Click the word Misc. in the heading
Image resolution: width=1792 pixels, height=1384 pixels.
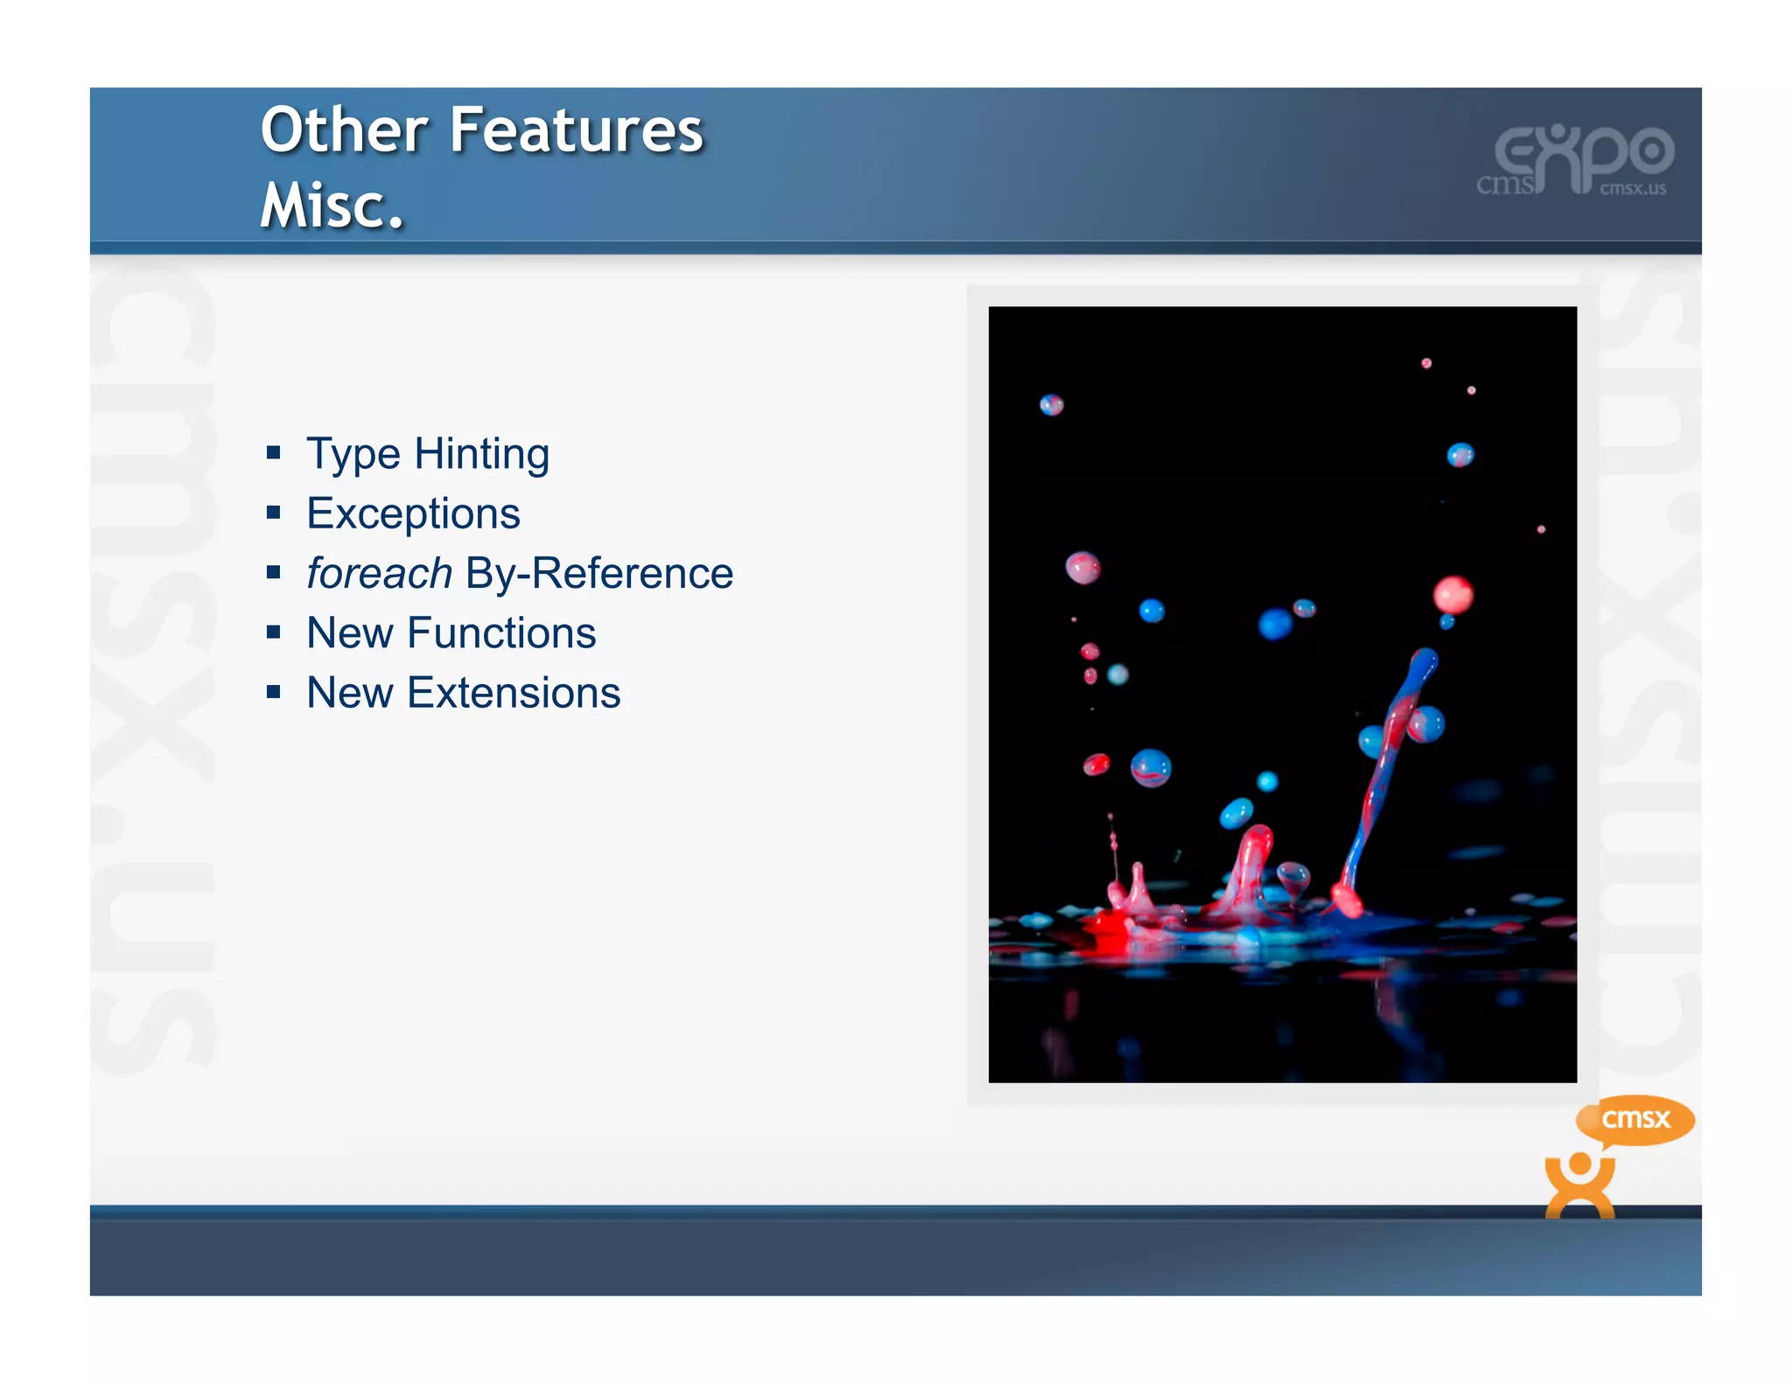tap(332, 206)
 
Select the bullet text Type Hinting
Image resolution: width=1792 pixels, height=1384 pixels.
tap(427, 454)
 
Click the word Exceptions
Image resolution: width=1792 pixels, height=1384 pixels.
tap(413, 514)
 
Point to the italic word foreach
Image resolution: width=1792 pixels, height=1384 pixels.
tap(379, 574)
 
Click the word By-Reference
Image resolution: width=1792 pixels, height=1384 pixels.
tap(599, 574)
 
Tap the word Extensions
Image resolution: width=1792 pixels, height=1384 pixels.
tap(514, 693)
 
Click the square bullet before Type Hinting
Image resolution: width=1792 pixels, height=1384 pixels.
tap(274, 453)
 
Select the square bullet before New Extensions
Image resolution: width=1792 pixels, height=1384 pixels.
tap(274, 693)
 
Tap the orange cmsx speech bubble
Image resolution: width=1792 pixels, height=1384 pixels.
tap(1634, 1120)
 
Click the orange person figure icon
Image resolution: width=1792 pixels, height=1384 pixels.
tap(1579, 1185)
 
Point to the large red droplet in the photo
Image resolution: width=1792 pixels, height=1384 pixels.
tap(1452, 595)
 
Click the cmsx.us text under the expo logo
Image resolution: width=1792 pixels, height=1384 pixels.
tap(1633, 189)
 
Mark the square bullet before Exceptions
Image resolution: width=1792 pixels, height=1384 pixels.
tap(274, 513)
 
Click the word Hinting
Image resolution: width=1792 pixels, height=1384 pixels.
tap(481, 454)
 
